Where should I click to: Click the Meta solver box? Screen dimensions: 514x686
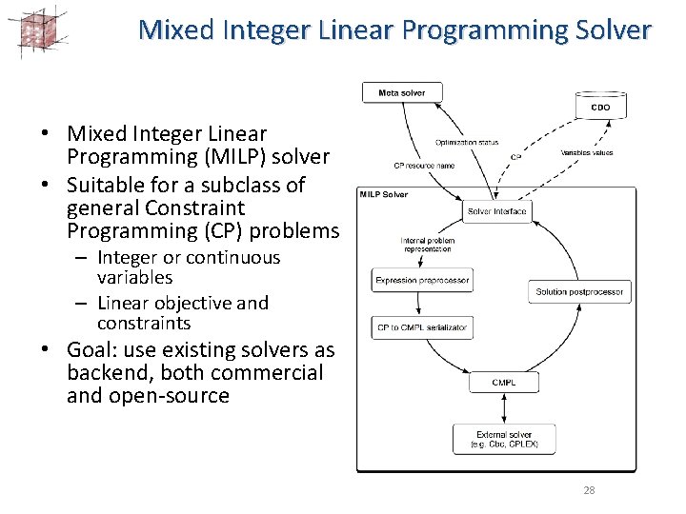click(402, 92)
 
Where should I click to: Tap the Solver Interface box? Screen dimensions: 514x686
click(496, 210)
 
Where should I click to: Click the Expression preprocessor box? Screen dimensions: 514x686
click(421, 280)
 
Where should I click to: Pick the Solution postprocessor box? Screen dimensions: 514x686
click(579, 291)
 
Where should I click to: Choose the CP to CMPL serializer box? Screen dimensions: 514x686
click(421, 327)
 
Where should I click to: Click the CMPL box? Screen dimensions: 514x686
click(503, 383)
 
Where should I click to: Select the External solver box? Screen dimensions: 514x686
click(504, 439)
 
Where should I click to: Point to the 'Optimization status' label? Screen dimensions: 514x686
click(467, 143)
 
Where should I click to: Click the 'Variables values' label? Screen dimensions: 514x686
click(586, 152)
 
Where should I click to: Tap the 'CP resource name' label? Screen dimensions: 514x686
click(424, 166)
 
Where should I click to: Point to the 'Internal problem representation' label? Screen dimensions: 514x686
click(427, 245)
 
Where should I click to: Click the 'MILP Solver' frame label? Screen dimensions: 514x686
click(383, 194)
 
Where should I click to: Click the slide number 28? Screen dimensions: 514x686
click(588, 490)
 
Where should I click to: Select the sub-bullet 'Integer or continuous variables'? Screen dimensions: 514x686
click(189, 267)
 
